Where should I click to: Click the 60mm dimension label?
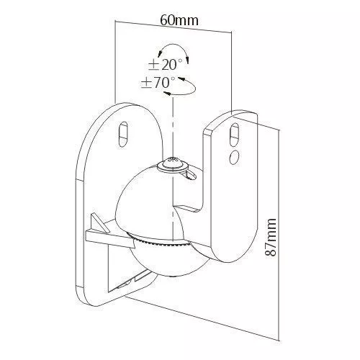coord(179,20)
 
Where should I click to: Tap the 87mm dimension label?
coord(271,237)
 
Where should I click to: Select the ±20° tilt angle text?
coord(166,65)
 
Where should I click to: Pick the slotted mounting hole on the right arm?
coord(234,135)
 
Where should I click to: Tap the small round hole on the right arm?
coord(234,156)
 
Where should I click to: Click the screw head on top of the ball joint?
coord(173,164)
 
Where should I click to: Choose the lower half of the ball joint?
coord(168,261)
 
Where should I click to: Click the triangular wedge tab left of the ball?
coord(98,223)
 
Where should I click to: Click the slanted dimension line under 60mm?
coord(174,27)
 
